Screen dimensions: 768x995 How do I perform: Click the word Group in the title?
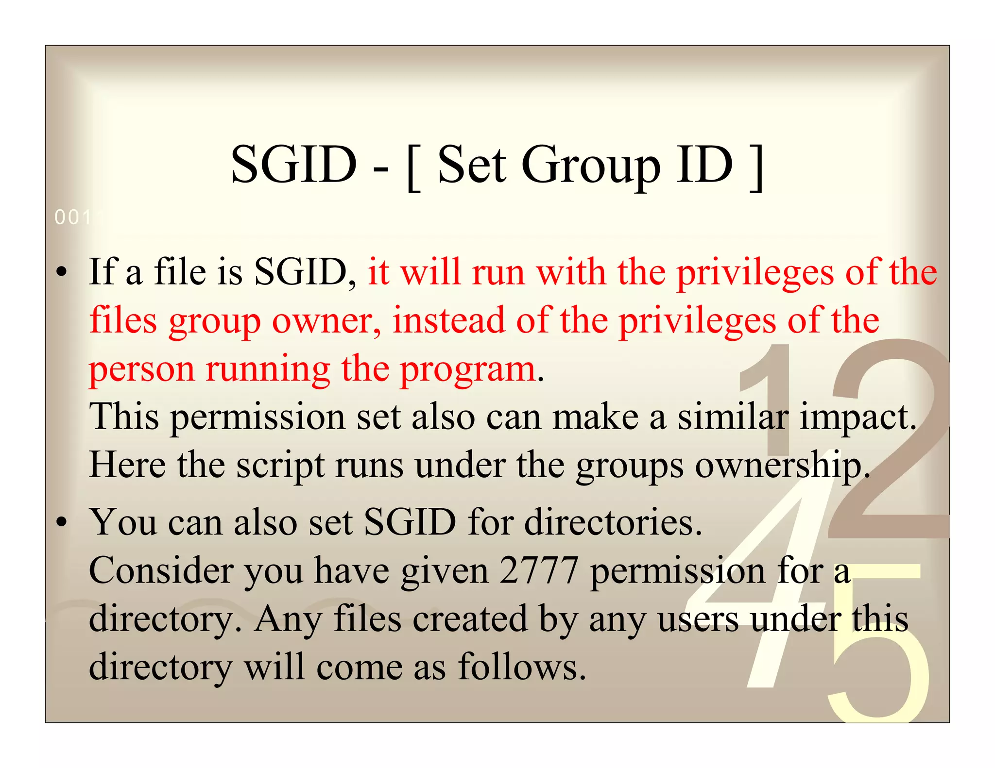[x=590, y=166]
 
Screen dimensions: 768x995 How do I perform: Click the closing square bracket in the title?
[x=756, y=167]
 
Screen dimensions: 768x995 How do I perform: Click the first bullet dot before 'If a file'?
[x=61, y=273]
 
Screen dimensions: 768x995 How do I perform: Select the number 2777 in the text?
[x=539, y=570]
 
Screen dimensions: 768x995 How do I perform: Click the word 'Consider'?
[x=161, y=570]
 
